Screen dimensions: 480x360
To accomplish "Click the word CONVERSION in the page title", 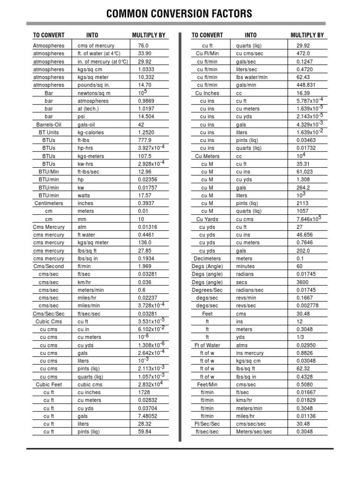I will pyautogui.click(x=180, y=14).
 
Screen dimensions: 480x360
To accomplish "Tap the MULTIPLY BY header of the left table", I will pyautogui.click(x=149, y=35).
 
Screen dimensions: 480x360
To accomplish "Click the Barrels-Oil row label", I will pyautogui.click(x=49, y=125).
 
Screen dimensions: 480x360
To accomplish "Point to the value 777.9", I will pyautogui.click(x=145, y=140).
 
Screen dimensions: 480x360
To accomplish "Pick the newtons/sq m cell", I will pyautogui.click(x=94, y=93).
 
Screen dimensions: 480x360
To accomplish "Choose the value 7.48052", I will pyautogui.click(x=148, y=416).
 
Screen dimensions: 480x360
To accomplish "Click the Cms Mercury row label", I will pyautogui.click(x=49, y=227).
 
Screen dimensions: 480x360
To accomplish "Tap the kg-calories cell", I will pyautogui.click(x=91, y=133).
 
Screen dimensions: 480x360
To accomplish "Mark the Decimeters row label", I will pyautogui.click(x=207, y=258).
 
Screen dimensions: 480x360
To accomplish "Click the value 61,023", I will pyautogui.click(x=305, y=172).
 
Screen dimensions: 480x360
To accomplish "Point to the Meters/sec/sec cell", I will pyautogui.click(x=254, y=432).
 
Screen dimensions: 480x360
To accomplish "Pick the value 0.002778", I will pyautogui.click(x=307, y=306).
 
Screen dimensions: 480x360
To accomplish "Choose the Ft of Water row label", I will pyautogui.click(x=207, y=345).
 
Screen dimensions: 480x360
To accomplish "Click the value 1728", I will pyautogui.click(x=144, y=392).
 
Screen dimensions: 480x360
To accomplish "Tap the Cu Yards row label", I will pyautogui.click(x=207, y=219).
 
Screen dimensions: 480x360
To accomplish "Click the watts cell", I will pyautogui.click(x=84, y=195).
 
